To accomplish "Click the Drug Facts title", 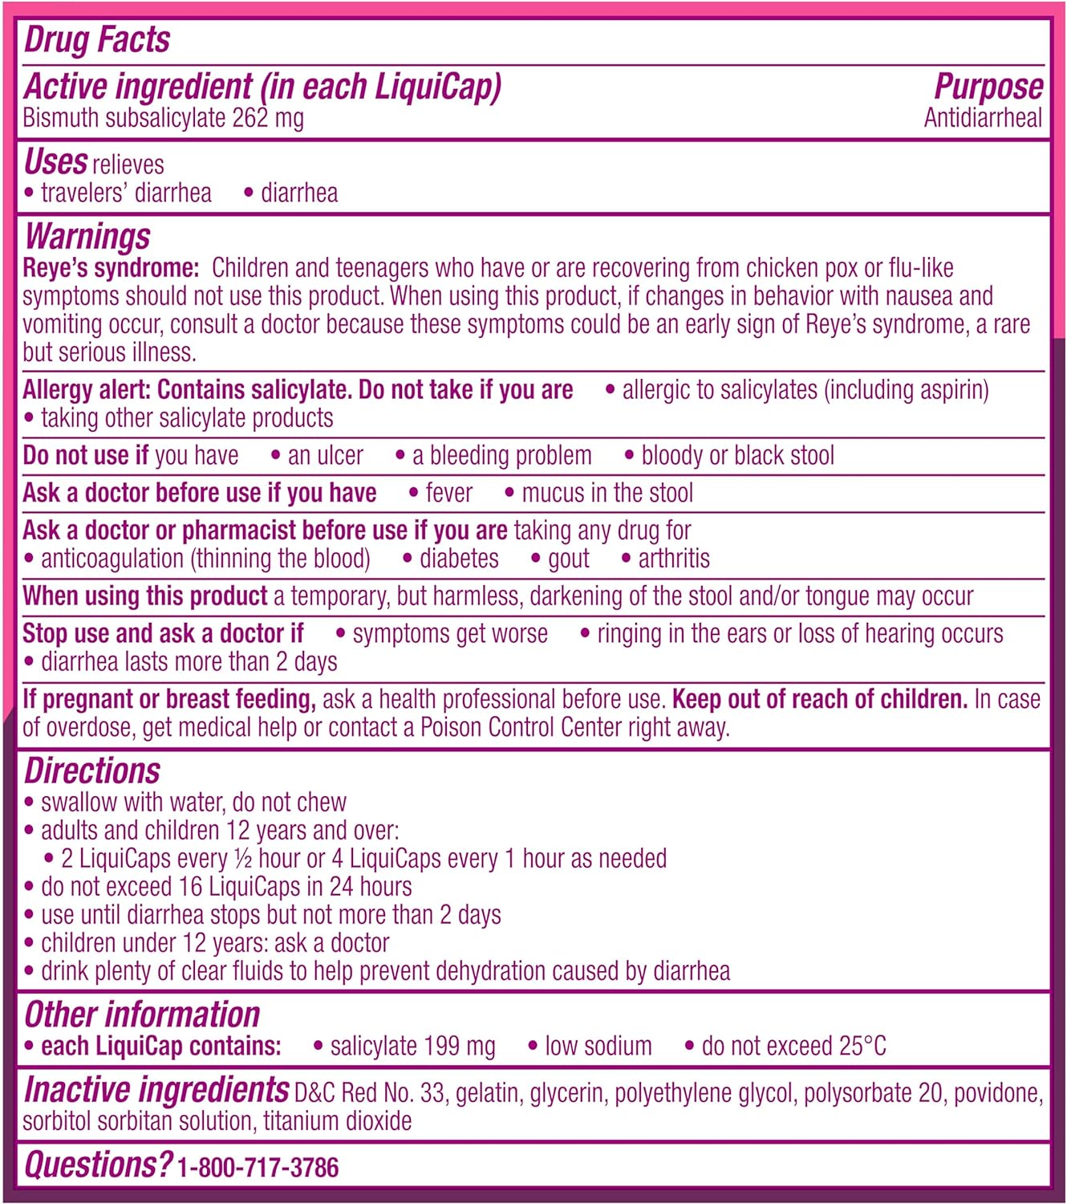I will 97,40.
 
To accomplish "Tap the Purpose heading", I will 988,87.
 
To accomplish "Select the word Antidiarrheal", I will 983,118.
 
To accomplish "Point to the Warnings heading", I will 87,237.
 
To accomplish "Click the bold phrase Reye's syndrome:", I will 111,268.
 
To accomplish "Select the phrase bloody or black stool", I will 737,456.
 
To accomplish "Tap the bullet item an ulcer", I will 325,456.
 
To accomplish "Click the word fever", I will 449,494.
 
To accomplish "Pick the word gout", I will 569,559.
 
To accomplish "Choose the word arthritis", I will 674,559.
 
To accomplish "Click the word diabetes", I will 459,559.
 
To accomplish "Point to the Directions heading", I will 92,771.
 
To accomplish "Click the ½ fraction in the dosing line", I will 244,859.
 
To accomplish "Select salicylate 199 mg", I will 412,1047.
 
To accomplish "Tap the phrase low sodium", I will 598,1047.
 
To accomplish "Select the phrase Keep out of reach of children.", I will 820,700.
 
